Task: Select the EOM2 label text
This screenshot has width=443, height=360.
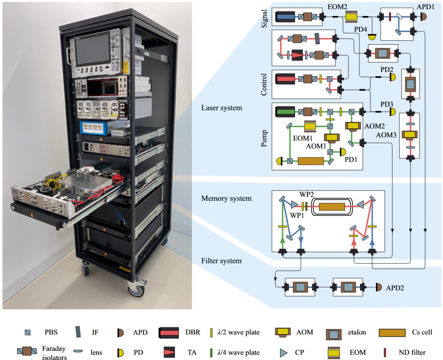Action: coord(337,6)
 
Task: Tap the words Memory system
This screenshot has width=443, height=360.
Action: coord(226,199)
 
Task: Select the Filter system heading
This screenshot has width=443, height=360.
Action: coord(221,261)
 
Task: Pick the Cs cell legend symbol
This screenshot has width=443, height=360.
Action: coord(394,333)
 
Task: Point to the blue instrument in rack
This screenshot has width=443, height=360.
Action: coord(93,127)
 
